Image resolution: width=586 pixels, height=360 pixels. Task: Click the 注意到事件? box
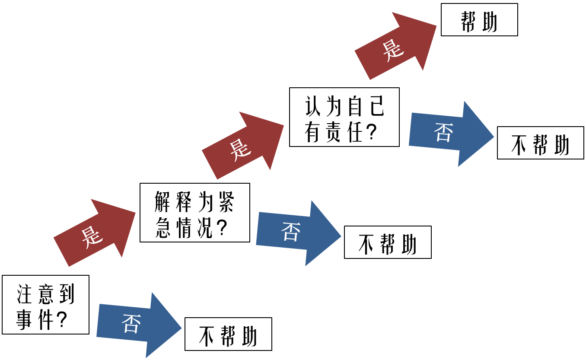[45, 305]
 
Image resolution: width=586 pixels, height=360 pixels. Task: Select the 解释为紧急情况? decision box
[194, 213]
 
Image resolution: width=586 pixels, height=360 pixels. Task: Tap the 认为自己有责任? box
[344, 117]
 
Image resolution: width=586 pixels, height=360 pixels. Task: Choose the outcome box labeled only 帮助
[479, 20]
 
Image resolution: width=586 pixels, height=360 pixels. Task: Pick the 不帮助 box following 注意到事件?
[228, 334]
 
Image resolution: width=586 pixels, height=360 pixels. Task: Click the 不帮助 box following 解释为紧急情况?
[388, 242]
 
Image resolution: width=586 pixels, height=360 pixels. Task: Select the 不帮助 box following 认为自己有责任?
[540, 143]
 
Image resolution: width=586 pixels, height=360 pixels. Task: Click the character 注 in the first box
[24, 294]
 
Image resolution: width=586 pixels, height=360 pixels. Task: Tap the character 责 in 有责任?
[334, 132]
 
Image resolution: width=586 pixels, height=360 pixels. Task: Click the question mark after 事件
[62, 320]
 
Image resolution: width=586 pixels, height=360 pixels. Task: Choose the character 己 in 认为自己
[377, 106]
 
